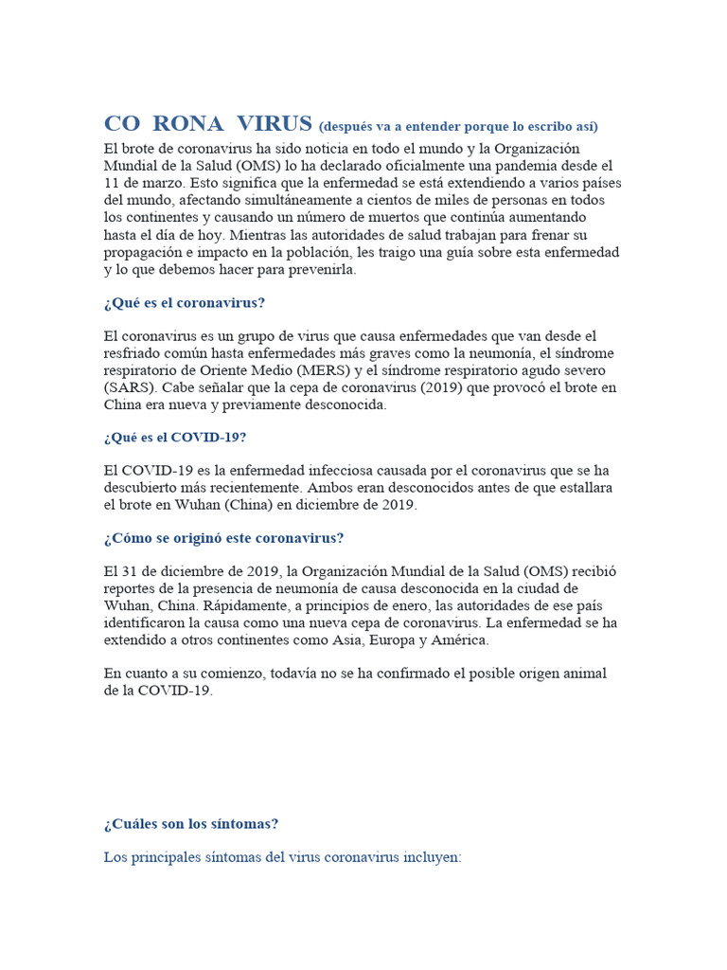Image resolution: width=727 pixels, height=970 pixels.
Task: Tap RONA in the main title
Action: pos(187,123)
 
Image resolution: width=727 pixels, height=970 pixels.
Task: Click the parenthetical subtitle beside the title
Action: pos(458,126)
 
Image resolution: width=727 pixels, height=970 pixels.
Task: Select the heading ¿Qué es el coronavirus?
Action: pos(185,303)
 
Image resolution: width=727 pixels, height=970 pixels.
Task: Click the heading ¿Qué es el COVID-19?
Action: pos(175,438)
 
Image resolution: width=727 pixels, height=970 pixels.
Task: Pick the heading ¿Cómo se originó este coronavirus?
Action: pos(223,538)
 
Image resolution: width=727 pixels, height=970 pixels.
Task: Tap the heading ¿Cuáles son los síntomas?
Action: pos(191,823)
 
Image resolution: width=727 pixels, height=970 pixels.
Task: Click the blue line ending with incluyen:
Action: pos(282,857)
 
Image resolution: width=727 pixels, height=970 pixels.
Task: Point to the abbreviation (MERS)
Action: pos(320,370)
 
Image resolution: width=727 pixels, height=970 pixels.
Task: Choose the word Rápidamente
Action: pos(229,605)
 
